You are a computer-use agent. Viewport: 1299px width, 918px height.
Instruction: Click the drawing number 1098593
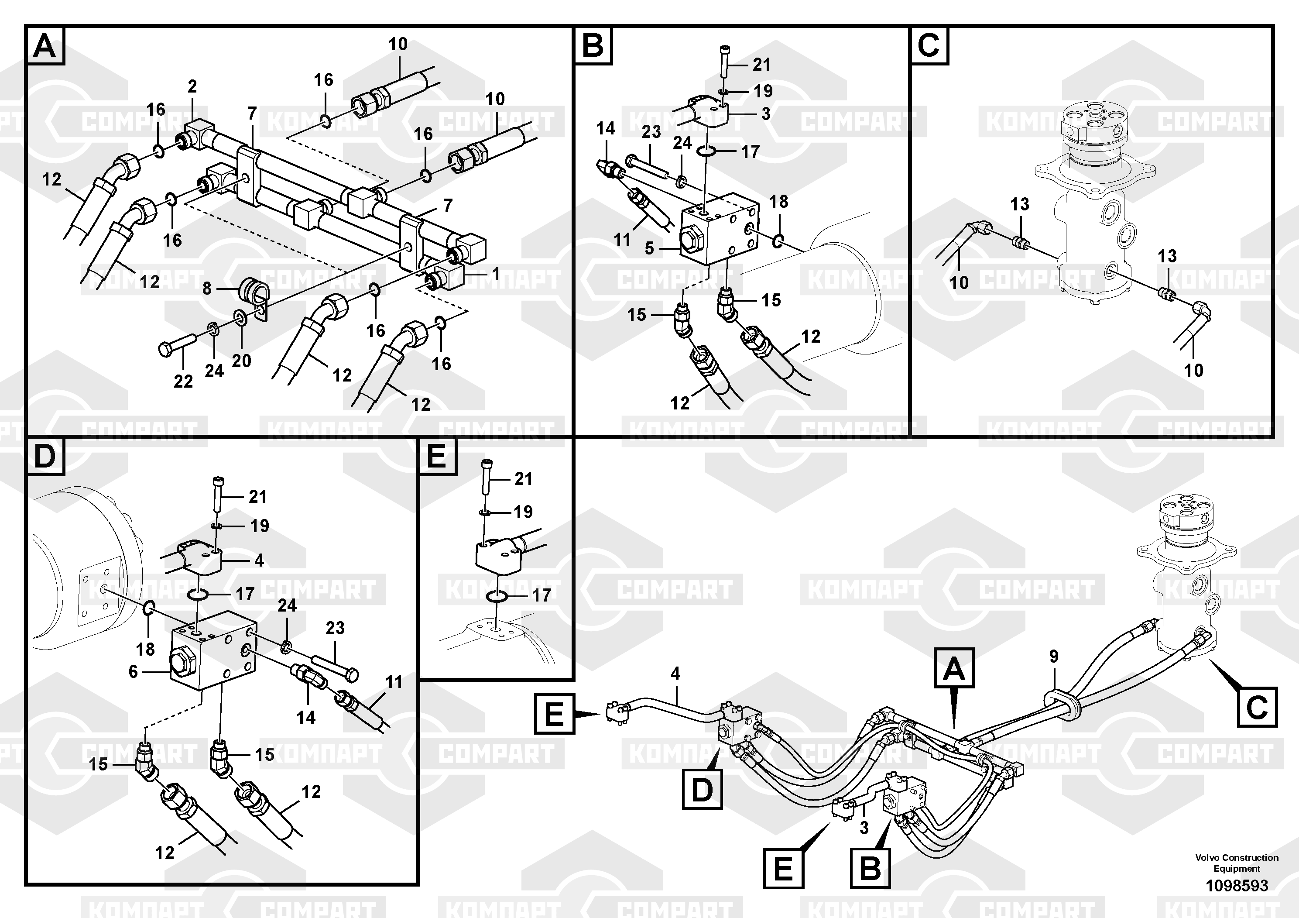(x=1237, y=885)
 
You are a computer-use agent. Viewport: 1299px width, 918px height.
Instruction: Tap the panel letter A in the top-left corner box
(x=45, y=46)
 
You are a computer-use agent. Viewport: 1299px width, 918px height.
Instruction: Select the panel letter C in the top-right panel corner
(x=929, y=45)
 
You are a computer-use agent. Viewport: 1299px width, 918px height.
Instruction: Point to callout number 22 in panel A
(x=183, y=382)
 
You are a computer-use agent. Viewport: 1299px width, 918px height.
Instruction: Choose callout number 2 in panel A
(x=192, y=86)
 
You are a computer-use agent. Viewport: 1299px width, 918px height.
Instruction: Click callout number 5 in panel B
(x=649, y=248)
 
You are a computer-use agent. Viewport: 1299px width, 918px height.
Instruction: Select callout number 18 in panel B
(x=778, y=202)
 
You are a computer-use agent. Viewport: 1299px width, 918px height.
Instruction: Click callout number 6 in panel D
(x=133, y=671)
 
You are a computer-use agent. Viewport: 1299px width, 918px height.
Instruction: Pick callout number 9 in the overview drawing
(x=1053, y=657)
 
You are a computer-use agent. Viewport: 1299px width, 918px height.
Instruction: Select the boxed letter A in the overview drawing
(x=954, y=668)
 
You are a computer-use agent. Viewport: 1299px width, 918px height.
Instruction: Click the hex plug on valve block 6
(x=182, y=661)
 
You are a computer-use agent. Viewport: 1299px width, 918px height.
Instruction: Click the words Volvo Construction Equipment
(x=1237, y=863)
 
